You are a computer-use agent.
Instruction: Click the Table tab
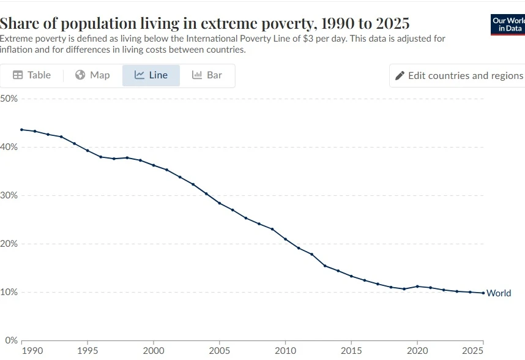pyautogui.click(x=32, y=75)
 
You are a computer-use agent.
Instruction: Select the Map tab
pyautogui.click(x=92, y=75)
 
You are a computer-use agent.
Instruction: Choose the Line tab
pyautogui.click(x=151, y=75)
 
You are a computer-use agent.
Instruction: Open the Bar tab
pyautogui.click(x=207, y=75)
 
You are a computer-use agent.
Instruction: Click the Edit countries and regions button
pyautogui.click(x=458, y=76)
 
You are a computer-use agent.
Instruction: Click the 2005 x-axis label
pyautogui.click(x=220, y=351)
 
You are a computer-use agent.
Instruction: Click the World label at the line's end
pyautogui.click(x=499, y=293)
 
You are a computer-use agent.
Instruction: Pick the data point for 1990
pyautogui.click(x=21, y=130)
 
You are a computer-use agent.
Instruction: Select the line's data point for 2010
pyautogui.click(x=286, y=239)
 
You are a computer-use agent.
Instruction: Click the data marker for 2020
pyautogui.click(x=417, y=287)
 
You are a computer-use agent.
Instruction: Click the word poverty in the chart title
pyautogui.click(x=303, y=24)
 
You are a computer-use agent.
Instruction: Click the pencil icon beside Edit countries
pyautogui.click(x=400, y=76)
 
